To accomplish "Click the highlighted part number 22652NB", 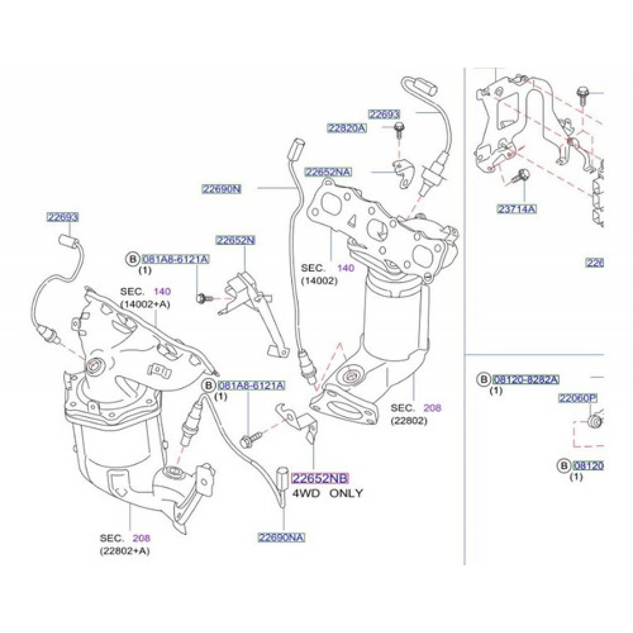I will pos(320,479).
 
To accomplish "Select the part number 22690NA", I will pos(281,537).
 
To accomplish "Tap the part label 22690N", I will pos(222,189).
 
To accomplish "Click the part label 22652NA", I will pos(328,172).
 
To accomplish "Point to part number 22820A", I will pos(347,128).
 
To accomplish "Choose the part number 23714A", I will pos(517,209).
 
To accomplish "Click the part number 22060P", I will pos(577,398).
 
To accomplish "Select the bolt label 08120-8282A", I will pos(525,379).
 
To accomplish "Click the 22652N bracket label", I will pos(235,240).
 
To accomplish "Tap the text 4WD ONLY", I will pos(327,493).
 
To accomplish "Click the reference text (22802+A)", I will pos(125,550).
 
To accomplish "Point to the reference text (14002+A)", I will pos(145,304).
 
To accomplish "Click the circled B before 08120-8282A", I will pos(483,379).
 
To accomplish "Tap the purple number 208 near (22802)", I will pos(432,407).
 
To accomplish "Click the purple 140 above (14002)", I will pos(345,268).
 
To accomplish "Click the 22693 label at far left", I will pos(63,217).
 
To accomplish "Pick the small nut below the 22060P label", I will pos(594,421).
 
